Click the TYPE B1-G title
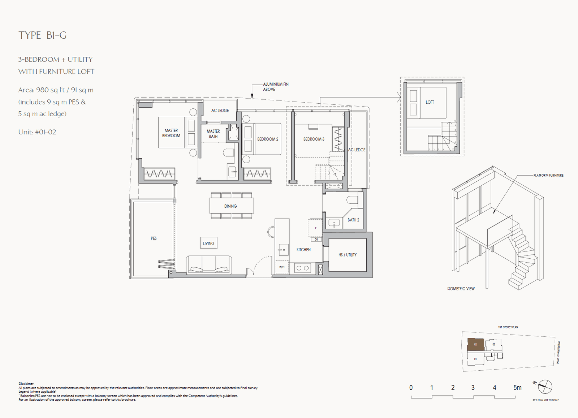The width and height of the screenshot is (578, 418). (x=43, y=35)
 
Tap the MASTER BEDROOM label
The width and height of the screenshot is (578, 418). (x=171, y=133)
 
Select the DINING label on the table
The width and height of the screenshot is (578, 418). (x=230, y=206)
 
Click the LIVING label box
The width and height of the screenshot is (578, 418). (x=208, y=243)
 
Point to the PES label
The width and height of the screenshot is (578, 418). (x=154, y=238)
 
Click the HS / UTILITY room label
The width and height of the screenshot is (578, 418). (x=347, y=255)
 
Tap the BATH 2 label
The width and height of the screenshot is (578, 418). (x=353, y=220)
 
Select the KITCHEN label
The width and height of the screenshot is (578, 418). (x=303, y=250)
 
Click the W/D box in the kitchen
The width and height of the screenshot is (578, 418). (x=282, y=267)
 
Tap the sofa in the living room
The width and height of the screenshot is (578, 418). (x=209, y=265)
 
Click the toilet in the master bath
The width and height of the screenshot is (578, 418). (x=229, y=153)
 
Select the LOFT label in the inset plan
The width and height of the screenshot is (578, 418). (x=430, y=102)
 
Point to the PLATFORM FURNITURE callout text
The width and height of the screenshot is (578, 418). (x=548, y=175)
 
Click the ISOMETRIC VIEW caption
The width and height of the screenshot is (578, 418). (x=461, y=289)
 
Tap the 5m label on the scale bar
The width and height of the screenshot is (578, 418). (x=517, y=388)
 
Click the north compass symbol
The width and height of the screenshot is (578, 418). (x=545, y=387)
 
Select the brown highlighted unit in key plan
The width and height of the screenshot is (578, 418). (x=475, y=344)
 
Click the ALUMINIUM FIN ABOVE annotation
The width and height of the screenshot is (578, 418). (x=275, y=87)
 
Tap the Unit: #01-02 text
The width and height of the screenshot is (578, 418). (x=37, y=132)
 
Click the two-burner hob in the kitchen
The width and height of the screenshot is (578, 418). (x=302, y=268)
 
